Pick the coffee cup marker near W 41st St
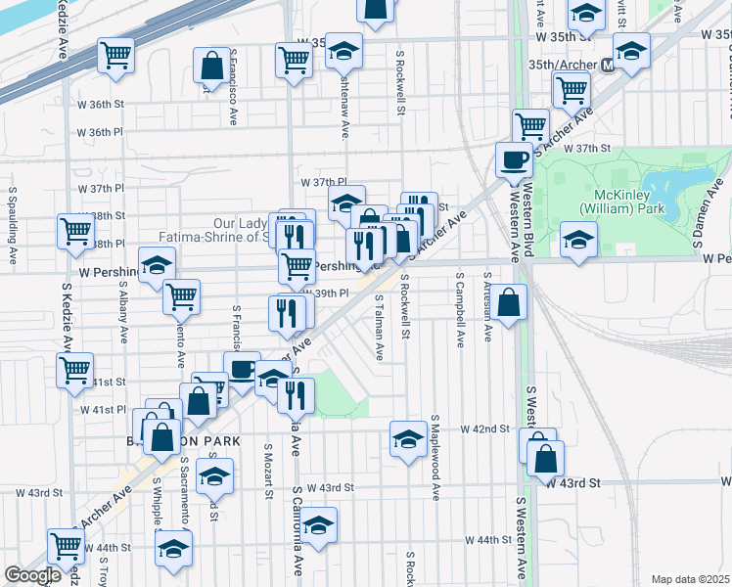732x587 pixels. pos(242,369)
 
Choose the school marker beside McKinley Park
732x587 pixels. pos(578,241)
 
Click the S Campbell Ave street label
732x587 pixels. pos(459,310)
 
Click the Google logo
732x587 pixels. pos(32,575)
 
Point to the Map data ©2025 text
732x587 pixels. pos(689,579)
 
